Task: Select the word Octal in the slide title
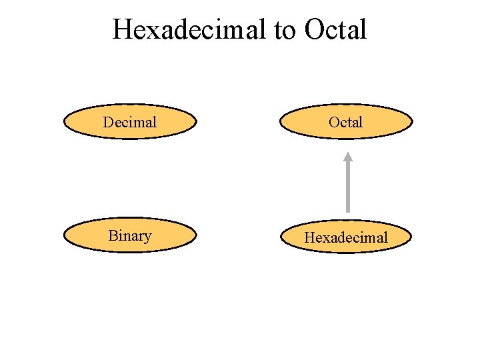click(336, 29)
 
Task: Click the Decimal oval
click(130, 121)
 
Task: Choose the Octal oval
click(346, 121)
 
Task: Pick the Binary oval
click(130, 235)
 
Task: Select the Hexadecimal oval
click(346, 237)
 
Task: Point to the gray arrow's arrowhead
click(347, 157)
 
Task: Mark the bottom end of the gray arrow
click(347, 211)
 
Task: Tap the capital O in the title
click(313, 29)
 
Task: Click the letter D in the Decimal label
click(108, 122)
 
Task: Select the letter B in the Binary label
click(112, 235)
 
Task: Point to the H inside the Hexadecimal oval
click(309, 237)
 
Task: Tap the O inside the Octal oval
click(333, 122)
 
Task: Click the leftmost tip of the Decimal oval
click(64, 121)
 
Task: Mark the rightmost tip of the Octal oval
click(412, 121)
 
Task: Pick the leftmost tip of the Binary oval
click(64, 235)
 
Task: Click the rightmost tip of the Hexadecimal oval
click(412, 237)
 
